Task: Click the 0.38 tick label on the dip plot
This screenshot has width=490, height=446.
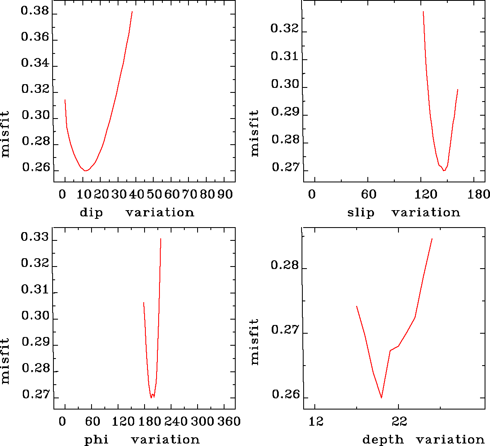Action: click(35, 12)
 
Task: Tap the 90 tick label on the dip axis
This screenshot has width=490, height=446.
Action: click(225, 194)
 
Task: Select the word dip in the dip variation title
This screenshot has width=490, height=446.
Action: click(91, 213)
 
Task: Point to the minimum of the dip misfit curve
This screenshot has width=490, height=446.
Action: click(85, 170)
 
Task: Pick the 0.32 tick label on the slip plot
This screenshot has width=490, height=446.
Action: click(284, 28)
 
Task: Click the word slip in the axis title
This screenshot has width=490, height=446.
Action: click(361, 213)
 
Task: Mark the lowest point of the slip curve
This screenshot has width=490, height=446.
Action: click(444, 170)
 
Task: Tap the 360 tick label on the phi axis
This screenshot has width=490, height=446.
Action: click(229, 422)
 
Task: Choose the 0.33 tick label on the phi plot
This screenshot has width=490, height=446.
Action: click(35, 238)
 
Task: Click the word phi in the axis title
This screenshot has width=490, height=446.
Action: click(97, 440)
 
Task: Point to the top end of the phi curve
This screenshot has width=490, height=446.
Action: click(161, 239)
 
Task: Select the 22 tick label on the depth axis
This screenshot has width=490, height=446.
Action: click(399, 422)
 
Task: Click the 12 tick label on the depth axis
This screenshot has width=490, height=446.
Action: click(316, 422)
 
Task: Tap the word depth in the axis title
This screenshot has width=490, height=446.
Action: click(383, 440)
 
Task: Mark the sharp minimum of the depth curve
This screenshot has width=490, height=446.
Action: click(381, 398)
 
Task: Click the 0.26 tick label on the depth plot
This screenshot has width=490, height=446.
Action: click(285, 395)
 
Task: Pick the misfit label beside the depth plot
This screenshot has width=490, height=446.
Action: click(254, 342)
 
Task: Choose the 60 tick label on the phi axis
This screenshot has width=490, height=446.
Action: click(92, 422)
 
